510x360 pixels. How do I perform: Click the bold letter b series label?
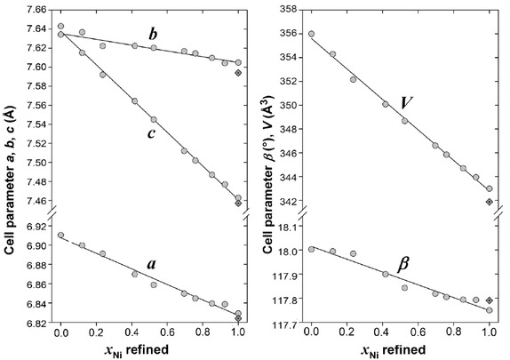pos(153,35)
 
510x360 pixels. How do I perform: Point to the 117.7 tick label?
pos(283,324)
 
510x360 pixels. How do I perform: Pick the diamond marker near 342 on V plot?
pos(490,201)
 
